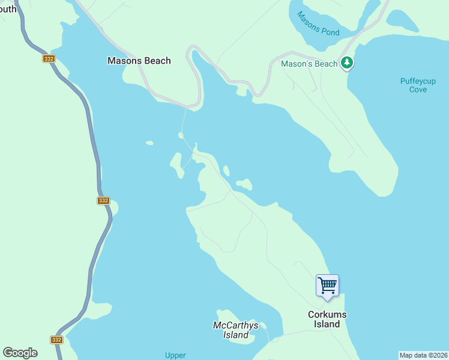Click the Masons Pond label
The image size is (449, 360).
coord(318,25)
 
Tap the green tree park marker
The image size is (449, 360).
coord(346,62)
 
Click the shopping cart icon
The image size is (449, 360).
coord(327,284)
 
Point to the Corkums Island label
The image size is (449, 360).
coord(327,319)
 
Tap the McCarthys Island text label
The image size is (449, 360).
coord(235,330)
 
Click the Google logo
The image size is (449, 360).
coord(20,353)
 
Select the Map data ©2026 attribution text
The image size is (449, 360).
coord(424,355)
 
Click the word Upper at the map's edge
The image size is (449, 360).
coord(175,355)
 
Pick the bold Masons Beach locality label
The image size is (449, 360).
coord(139,61)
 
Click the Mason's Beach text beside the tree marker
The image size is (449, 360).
coord(309,64)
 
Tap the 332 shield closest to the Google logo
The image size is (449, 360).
coord(56,339)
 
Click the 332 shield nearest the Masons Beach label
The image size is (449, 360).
coord(49,58)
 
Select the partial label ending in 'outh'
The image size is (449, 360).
coord(8,9)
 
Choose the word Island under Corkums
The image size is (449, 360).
coord(327,324)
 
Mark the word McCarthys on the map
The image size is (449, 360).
coord(235,326)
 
